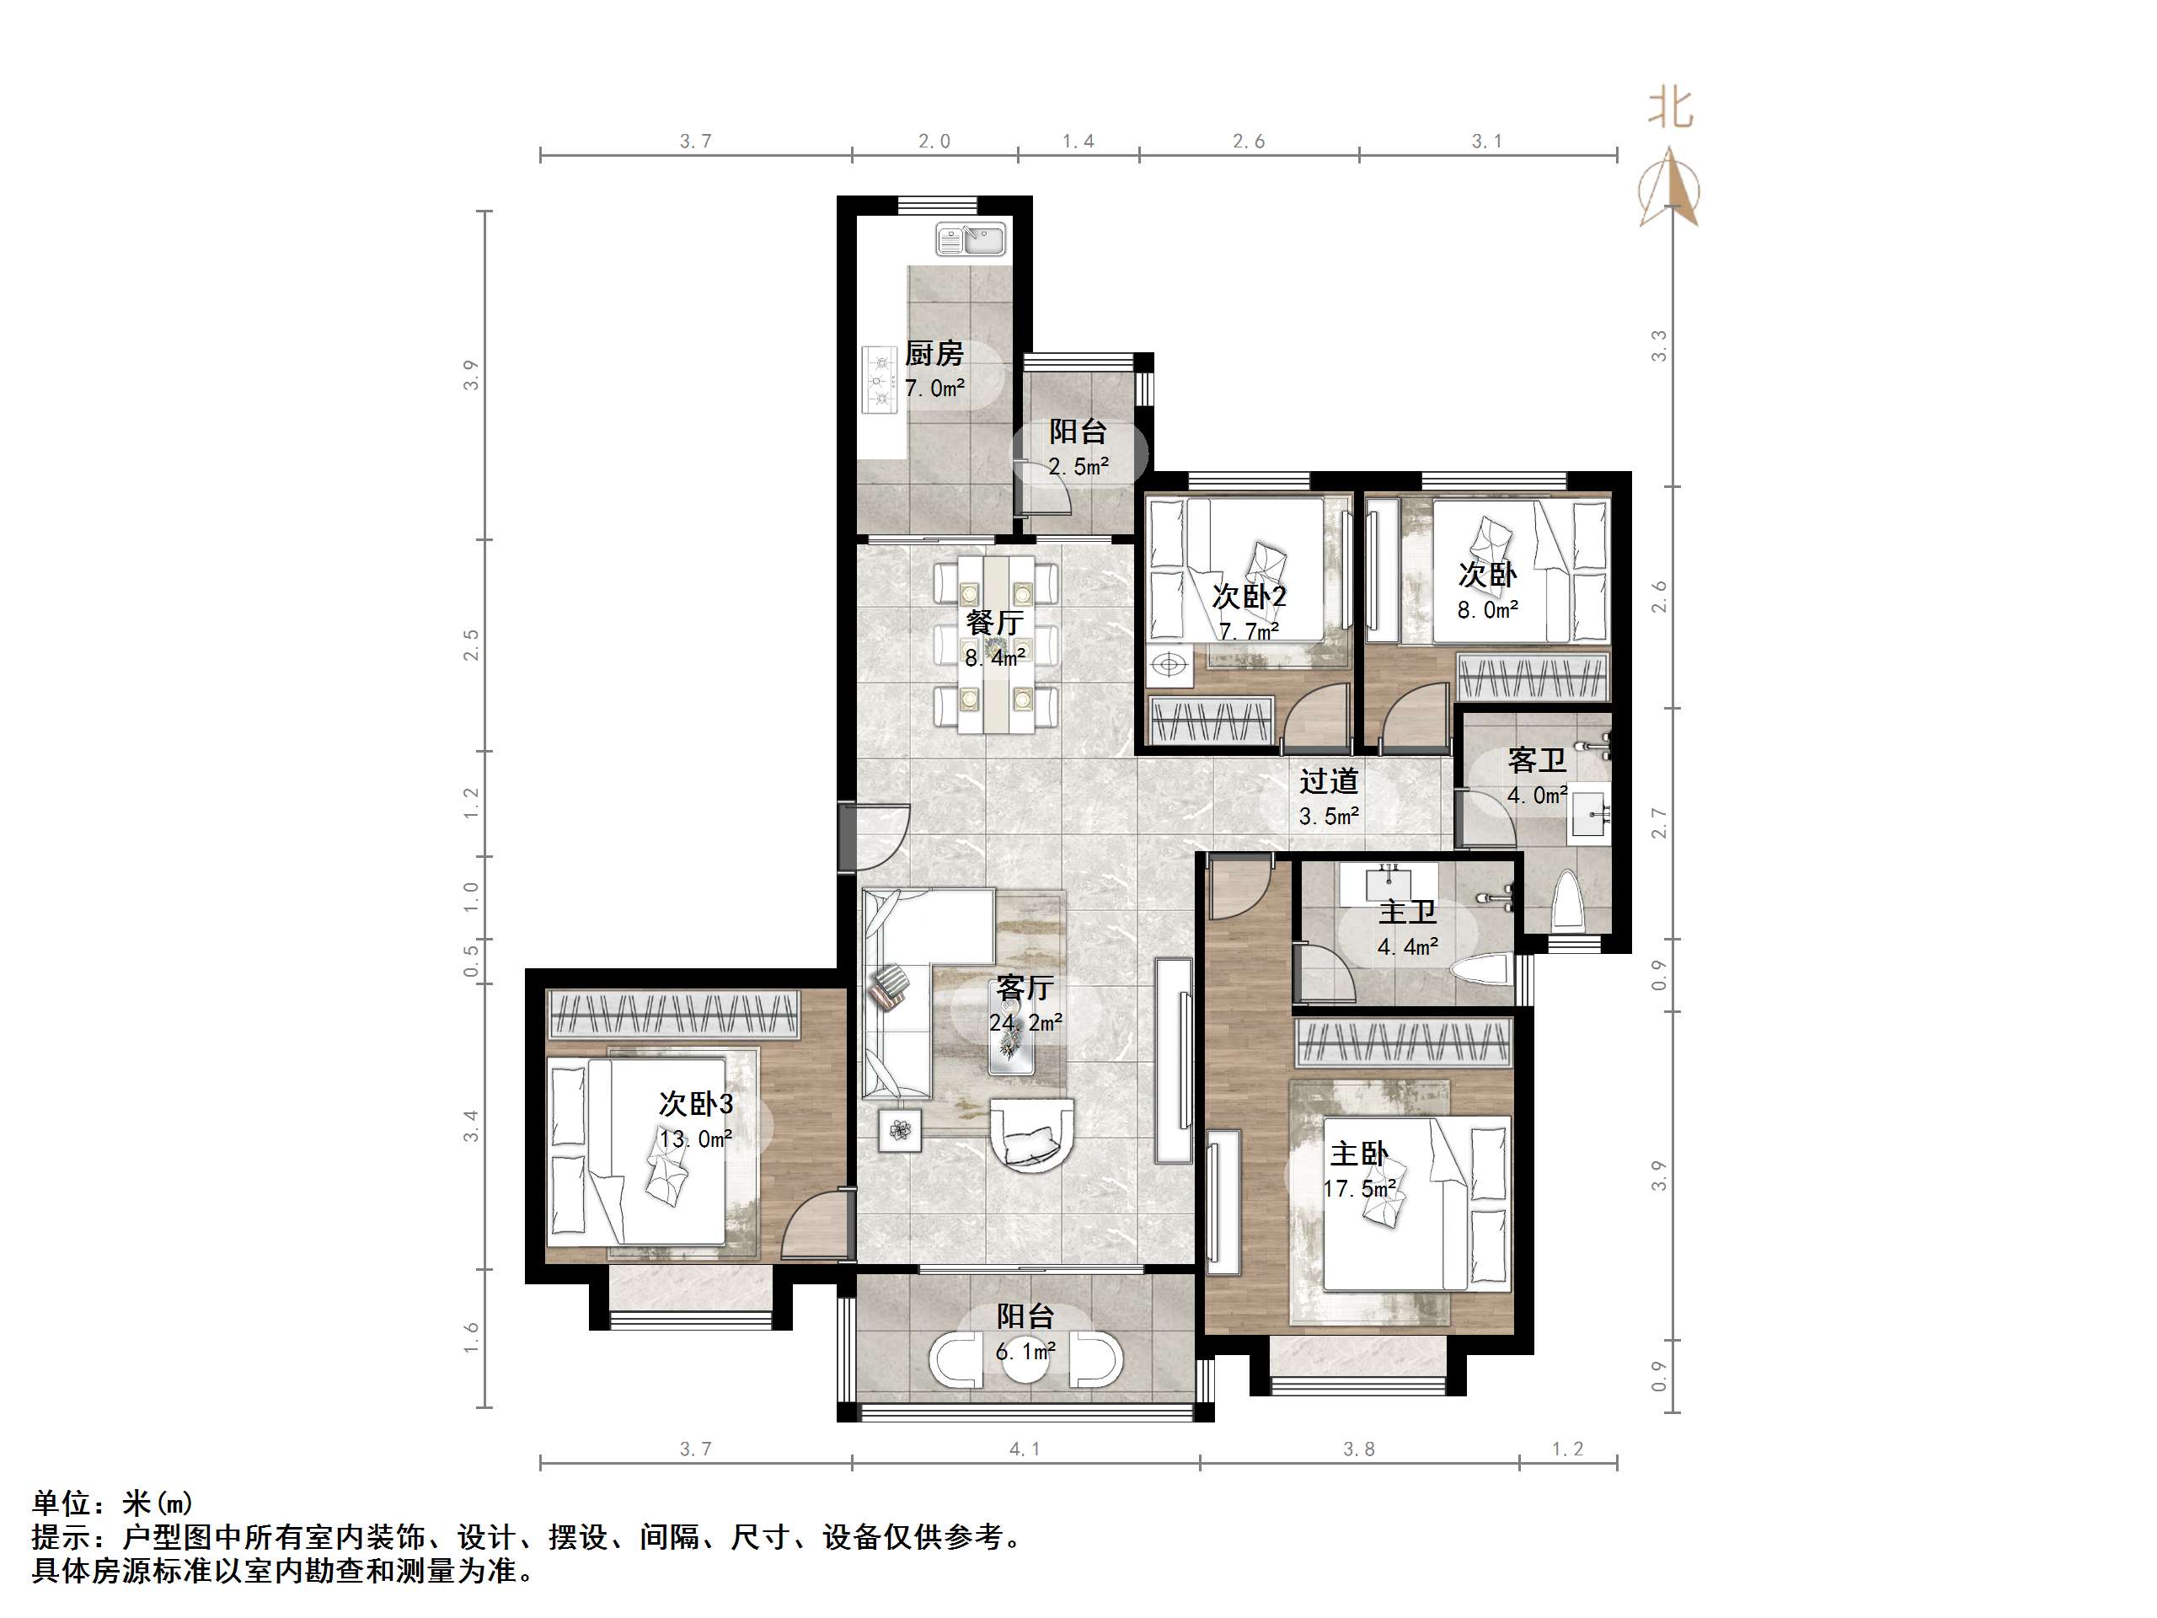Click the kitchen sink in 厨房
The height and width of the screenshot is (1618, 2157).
click(x=971, y=239)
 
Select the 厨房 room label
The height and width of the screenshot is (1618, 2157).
click(x=934, y=353)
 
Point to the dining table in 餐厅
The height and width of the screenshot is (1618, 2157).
click(x=996, y=644)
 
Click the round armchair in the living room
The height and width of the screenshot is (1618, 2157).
click(x=1033, y=1133)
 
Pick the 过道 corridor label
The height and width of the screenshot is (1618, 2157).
click(x=1328, y=781)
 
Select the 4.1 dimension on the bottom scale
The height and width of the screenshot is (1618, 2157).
click(x=1024, y=1449)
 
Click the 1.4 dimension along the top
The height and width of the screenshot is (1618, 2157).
click(x=1078, y=142)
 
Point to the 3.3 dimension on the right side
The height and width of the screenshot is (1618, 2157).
click(x=1659, y=346)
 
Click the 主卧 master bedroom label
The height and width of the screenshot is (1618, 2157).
click(x=1358, y=1154)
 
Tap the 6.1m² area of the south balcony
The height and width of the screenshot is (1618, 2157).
click(x=1025, y=1352)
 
